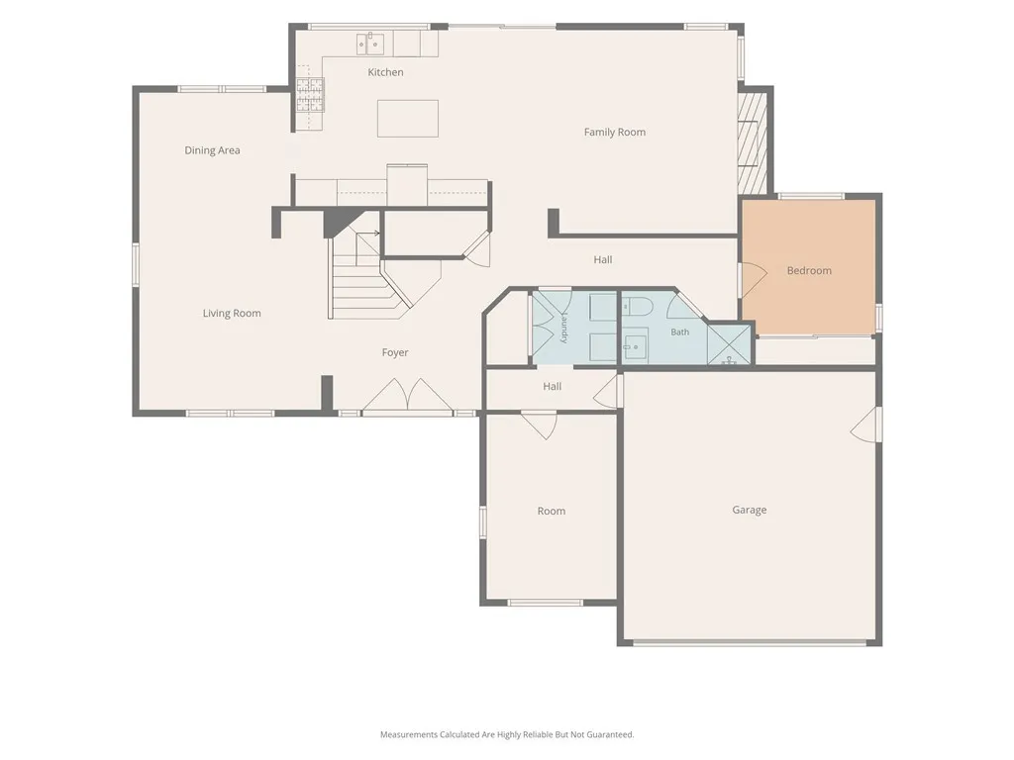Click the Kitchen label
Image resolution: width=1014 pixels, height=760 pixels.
coord(385,72)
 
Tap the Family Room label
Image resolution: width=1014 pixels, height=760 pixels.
coord(614,133)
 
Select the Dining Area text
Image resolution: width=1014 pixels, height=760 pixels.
coord(212,150)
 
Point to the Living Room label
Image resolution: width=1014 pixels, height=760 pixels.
coord(232,314)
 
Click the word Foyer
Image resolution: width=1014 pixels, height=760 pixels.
coord(394,353)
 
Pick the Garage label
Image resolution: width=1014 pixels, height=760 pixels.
coord(749,510)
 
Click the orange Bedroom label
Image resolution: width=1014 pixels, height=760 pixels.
coord(809,271)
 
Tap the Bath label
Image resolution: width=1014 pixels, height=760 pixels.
coord(679,332)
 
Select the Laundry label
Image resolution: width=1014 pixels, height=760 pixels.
coord(563,327)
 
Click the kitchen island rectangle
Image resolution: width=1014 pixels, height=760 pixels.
coord(407,119)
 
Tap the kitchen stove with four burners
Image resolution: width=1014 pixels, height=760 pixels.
coord(310,95)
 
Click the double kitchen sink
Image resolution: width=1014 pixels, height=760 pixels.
coord(370,44)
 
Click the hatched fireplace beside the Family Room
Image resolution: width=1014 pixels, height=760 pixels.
coord(753,143)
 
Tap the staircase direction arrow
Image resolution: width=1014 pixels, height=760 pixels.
coord(368,234)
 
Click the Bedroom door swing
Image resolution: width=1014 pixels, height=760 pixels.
coord(754,280)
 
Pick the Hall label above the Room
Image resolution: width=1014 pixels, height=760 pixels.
coord(552,387)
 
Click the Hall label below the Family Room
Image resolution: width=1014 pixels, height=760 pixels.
coord(603,260)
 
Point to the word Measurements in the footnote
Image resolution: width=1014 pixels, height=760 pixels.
coord(409,735)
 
